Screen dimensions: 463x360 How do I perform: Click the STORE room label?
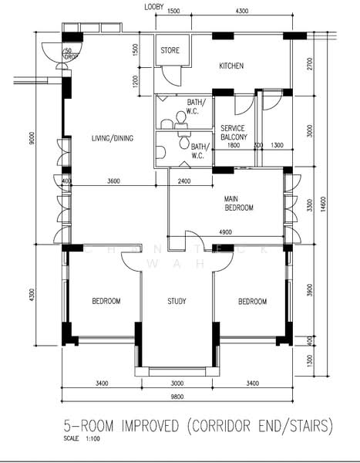click(170, 51)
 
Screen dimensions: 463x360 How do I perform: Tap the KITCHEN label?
click(231, 66)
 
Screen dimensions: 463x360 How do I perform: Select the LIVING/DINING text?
click(113, 139)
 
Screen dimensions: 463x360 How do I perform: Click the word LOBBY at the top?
click(153, 7)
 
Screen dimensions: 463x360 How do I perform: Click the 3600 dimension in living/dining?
click(113, 181)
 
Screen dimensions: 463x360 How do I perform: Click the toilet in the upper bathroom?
click(182, 117)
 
